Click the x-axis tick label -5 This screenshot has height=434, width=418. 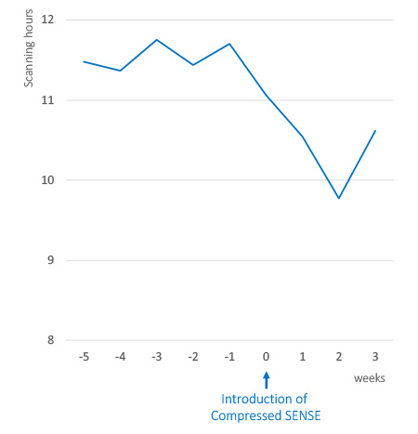coord(84,356)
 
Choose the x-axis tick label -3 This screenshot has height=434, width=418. coord(156,356)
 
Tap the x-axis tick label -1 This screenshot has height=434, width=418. coord(229,356)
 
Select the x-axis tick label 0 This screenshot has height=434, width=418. coord(267,356)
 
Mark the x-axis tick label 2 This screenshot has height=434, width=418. coord(339,356)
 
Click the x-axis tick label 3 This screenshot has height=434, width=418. coord(375,356)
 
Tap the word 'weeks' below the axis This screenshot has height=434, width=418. coord(368,379)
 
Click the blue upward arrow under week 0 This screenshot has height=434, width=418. coord(267,379)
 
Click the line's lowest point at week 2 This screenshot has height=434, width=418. coord(339,198)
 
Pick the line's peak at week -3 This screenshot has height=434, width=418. coord(156,40)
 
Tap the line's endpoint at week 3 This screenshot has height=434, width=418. coord(375,130)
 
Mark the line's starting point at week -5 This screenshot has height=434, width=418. coord(84,61)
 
